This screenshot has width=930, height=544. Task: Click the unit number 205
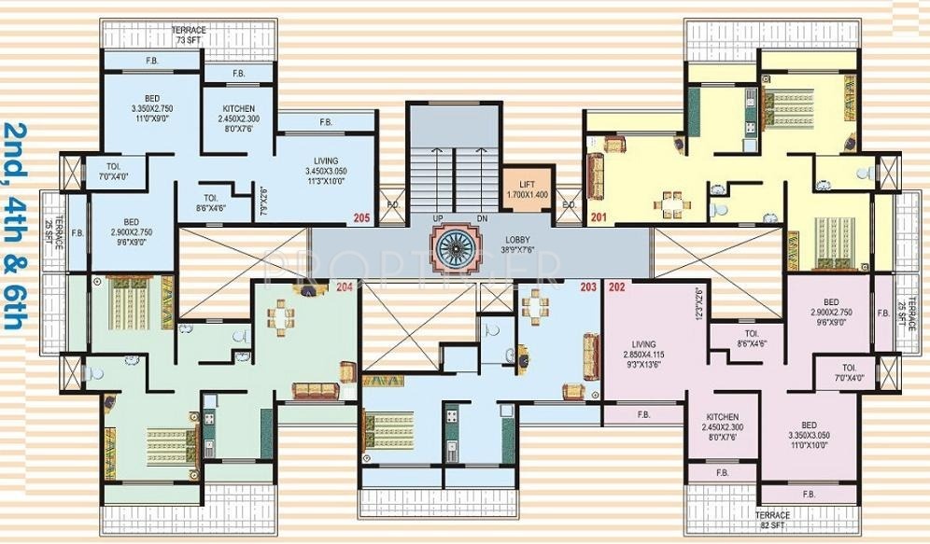[x=361, y=218]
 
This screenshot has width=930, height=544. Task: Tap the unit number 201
[x=599, y=218]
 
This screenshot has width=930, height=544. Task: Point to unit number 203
[x=587, y=287]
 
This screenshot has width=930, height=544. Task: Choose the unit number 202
[x=617, y=287]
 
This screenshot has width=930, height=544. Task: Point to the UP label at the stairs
[x=437, y=218]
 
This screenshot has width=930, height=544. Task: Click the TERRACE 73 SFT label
[x=189, y=35]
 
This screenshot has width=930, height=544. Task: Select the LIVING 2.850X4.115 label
[x=643, y=356]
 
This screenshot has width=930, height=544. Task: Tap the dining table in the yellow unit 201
[x=673, y=202]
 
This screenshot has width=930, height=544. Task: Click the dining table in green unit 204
[x=280, y=317]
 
